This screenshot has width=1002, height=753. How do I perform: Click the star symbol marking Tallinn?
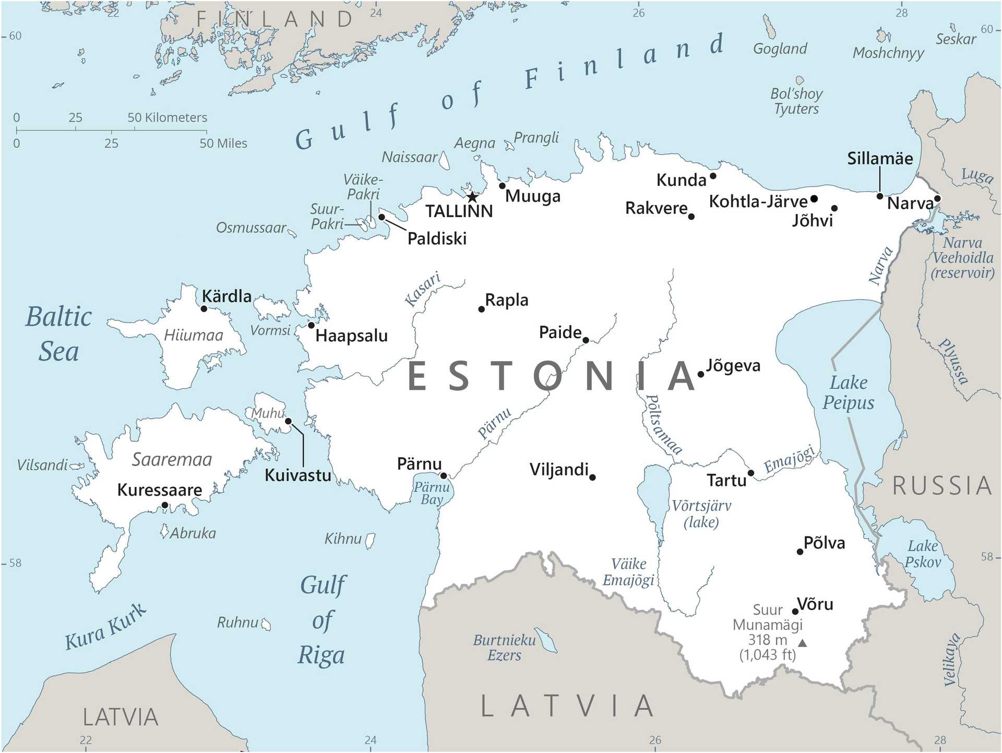coord(472,197)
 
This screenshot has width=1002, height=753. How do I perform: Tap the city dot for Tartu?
coord(750,473)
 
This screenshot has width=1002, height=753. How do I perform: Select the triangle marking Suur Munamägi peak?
coord(803,643)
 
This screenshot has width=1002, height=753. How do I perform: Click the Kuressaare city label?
coord(160,490)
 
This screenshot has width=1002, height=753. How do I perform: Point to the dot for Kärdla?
coord(204,309)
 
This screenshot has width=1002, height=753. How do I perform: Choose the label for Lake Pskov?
coord(923,554)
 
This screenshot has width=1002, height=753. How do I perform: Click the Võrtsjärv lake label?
coord(701,513)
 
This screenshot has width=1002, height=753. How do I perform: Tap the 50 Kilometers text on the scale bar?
coord(167,117)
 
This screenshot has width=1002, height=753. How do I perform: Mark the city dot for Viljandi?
coord(592,477)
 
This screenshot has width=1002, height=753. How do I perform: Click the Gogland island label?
coord(780,49)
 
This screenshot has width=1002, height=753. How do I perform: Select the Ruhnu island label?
coord(237,622)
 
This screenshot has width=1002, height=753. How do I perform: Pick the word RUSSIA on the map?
coord(941,486)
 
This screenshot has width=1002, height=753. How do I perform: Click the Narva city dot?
coord(937,198)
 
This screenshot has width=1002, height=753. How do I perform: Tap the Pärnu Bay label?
coord(432,493)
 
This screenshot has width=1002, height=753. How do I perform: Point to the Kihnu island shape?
coord(370,540)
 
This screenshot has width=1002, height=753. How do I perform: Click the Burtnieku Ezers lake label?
coord(504,648)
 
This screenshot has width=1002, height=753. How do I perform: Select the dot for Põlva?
coord(800,552)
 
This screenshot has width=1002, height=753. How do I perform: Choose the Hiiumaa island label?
coord(193,335)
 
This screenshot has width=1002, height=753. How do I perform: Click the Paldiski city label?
coord(437,239)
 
